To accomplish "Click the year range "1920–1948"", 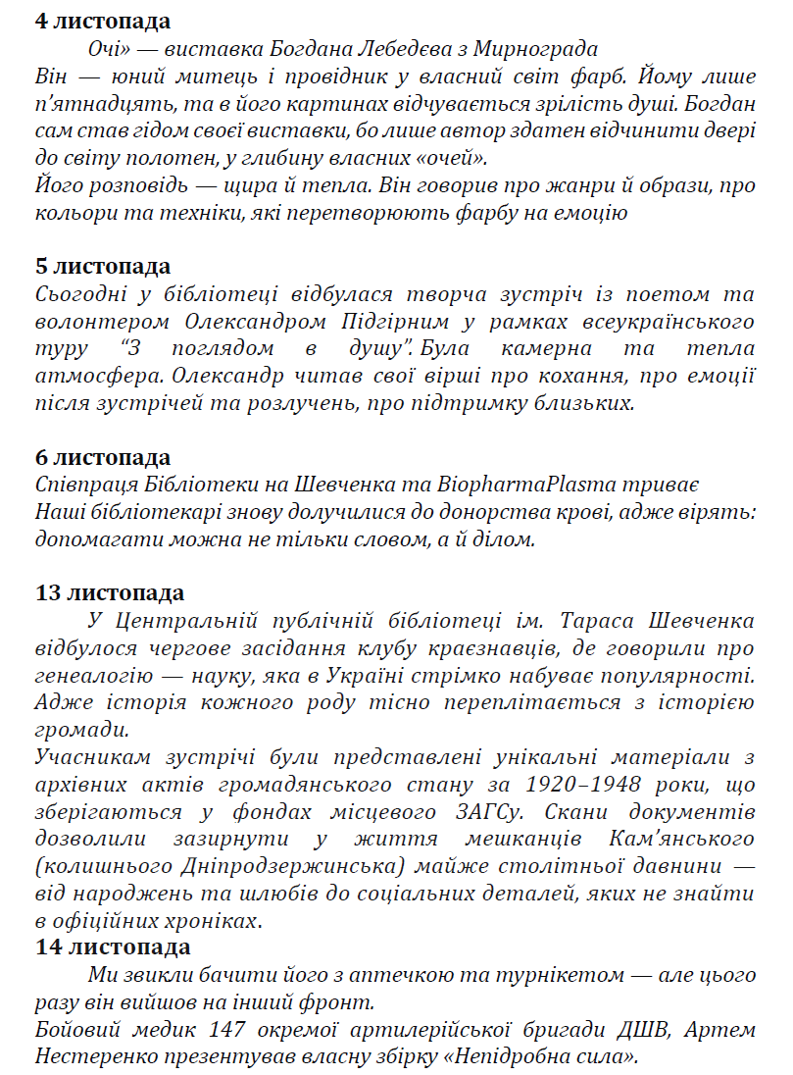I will tap(579, 785).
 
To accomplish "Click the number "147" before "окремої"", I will tap(228, 1030).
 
